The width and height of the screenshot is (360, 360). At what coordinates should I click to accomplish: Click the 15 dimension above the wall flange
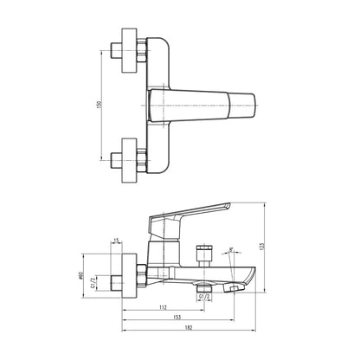[x=116, y=241]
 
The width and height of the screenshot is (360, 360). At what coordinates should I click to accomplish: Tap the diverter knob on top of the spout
[x=205, y=254]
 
